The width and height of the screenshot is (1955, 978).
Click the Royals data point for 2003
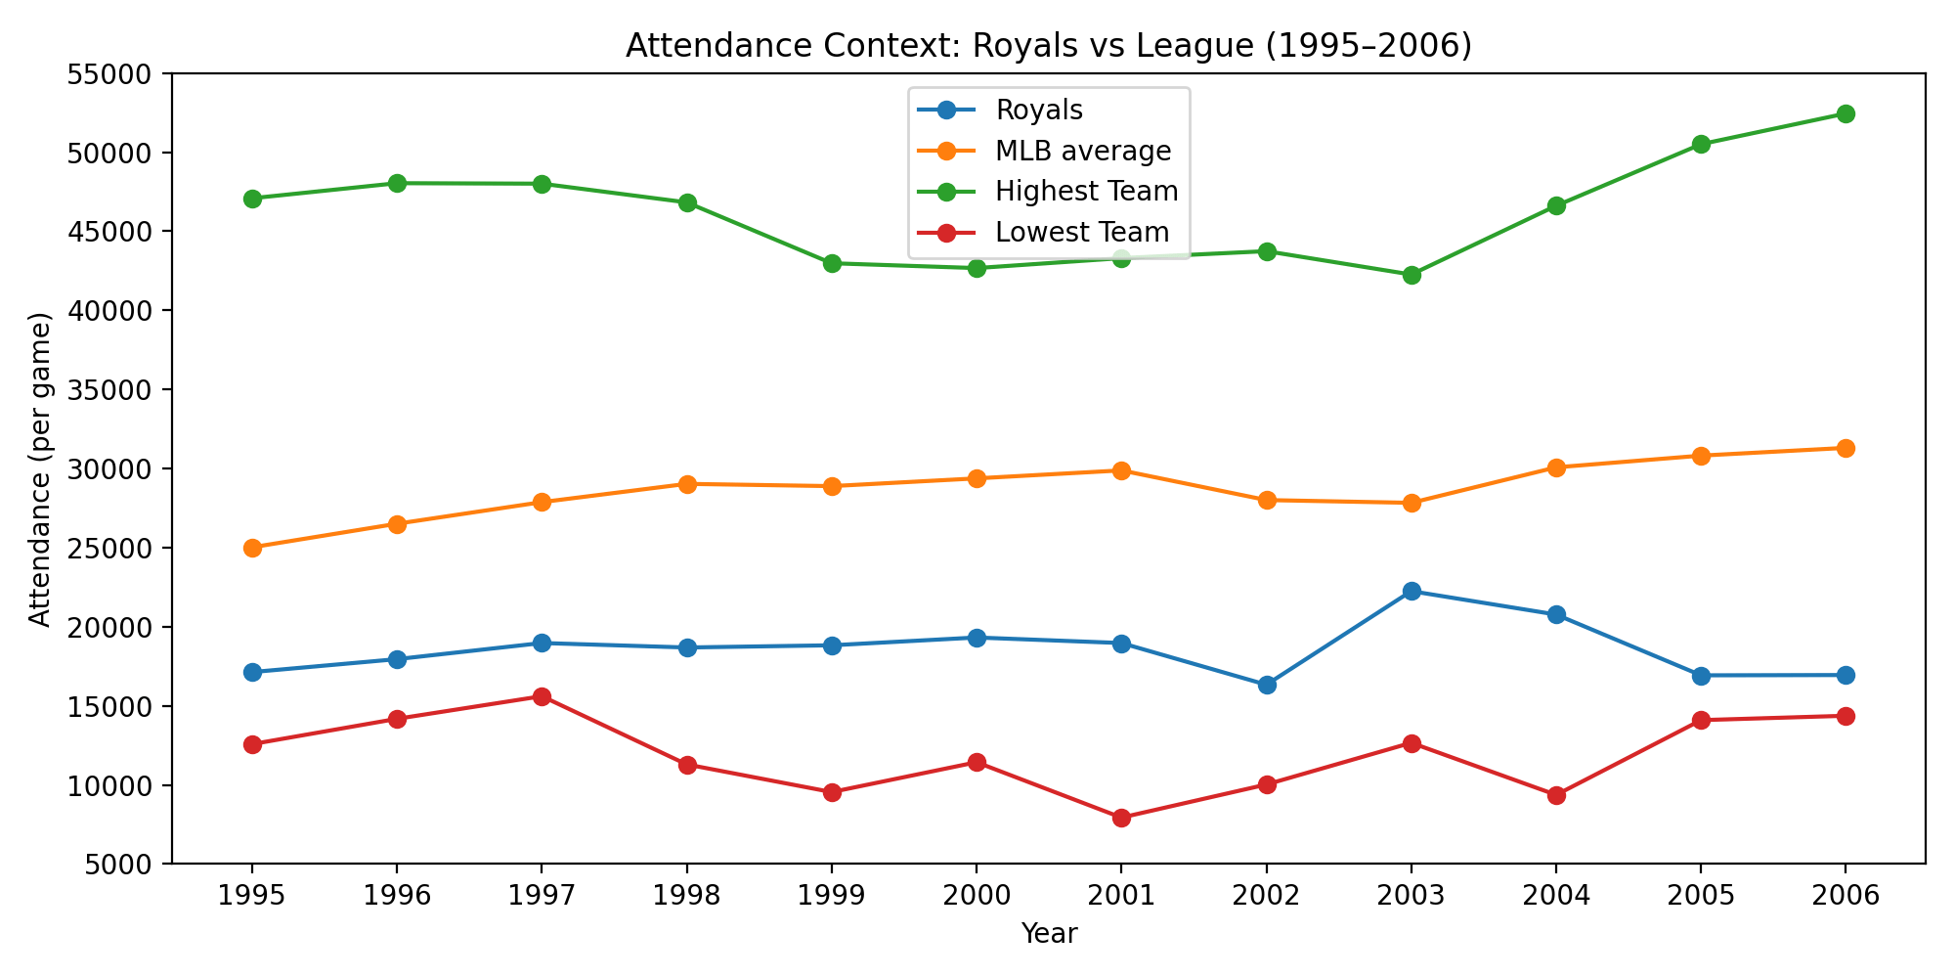[1411, 591]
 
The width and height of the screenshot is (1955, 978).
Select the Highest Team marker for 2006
[1845, 113]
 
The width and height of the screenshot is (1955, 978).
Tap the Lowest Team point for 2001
[1121, 818]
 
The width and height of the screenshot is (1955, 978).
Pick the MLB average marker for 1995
[252, 548]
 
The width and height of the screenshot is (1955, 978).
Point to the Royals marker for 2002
[1266, 685]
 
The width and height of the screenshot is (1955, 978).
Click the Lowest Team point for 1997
[542, 696]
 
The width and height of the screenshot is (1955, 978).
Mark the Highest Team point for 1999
[832, 263]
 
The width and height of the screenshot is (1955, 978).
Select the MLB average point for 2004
[1555, 467]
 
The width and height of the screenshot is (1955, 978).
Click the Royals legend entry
[1038, 111]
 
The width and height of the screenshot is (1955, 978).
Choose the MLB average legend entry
[1082, 152]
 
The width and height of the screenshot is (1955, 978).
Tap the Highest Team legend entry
[1086, 192]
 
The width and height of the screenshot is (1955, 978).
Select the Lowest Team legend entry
[1081, 233]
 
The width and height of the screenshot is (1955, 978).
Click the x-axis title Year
[1049, 934]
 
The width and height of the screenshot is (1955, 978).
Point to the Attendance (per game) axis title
[39, 469]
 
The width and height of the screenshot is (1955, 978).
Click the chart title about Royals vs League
[1049, 46]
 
